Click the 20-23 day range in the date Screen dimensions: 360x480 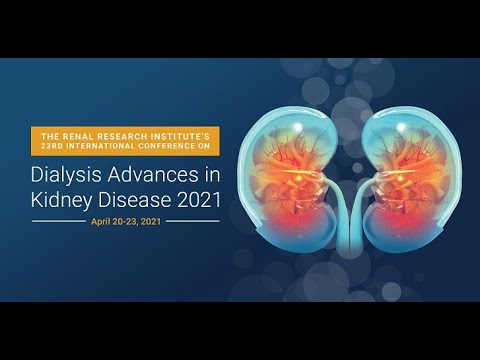point(131,220)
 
